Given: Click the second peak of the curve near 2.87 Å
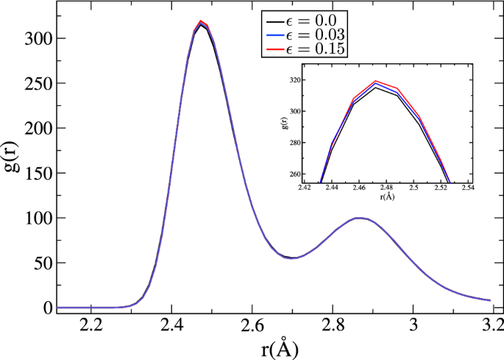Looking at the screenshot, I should (359, 218).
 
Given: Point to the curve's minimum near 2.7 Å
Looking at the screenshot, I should (293, 258).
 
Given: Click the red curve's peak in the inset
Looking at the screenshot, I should (376, 81).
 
